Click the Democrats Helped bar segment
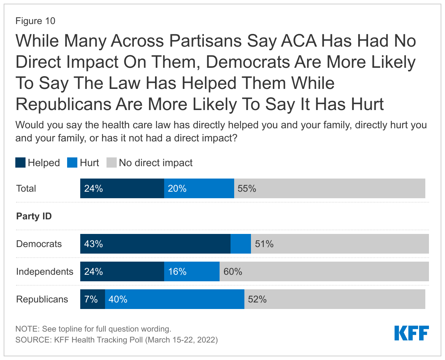pos(155,244)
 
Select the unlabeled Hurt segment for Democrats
pos(241,244)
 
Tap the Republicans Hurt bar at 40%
pos(175,299)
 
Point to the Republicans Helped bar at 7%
pos(93,299)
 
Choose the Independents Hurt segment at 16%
pos(192,271)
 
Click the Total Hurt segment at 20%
pos(199,188)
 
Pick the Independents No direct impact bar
pos(324,271)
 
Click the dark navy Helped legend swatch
pos(20,163)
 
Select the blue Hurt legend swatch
pos(72,163)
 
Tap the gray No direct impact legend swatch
pos(111,163)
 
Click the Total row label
pos(26,188)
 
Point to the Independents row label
pos(44,271)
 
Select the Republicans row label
pos(42,299)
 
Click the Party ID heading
pos(34,216)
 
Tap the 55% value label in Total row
pos(247,188)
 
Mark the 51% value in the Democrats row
pos(264,244)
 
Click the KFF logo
pos(411,333)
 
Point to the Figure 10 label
pos(35,21)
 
